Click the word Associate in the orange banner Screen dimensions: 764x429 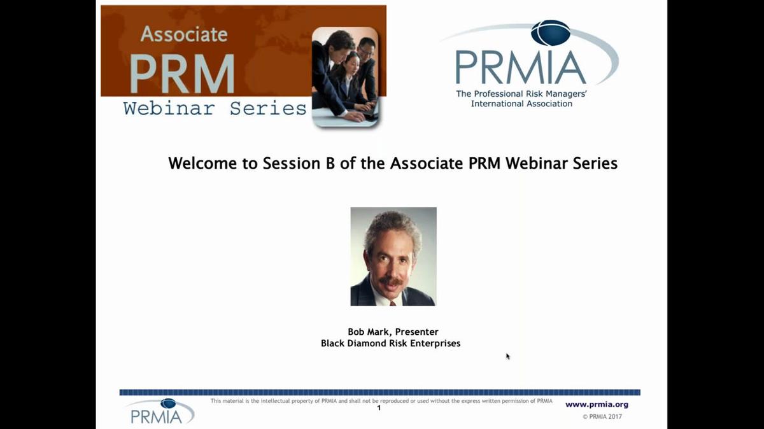click(184, 34)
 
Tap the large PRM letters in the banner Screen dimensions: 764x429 click(182, 73)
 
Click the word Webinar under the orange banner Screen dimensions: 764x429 click(169, 108)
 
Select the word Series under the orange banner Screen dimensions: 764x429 click(268, 108)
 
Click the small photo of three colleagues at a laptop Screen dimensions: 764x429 click(346, 77)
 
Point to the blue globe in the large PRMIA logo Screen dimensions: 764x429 click(551, 32)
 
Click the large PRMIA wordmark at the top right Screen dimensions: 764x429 click(521, 67)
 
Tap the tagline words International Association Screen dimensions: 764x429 click(521, 104)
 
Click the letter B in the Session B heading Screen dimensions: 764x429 click(330, 164)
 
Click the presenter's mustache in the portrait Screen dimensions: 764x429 click(391, 281)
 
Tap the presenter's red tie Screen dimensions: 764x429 click(393, 303)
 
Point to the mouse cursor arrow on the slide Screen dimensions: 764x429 click(508, 356)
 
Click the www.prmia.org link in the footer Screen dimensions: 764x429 click(597, 404)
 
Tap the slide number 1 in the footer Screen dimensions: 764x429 click(379, 407)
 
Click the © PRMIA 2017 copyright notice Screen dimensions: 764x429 click(602, 416)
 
